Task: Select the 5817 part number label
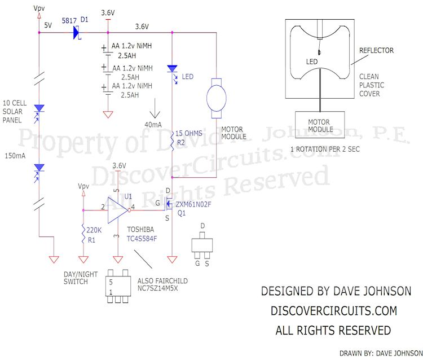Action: pyautogui.click(x=69, y=20)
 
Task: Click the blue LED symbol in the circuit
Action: pyautogui.click(x=173, y=69)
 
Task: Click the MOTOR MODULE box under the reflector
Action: pyautogui.click(x=320, y=126)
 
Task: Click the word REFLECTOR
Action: pyautogui.click(x=376, y=51)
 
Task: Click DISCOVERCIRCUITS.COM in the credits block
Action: pyautogui.click(x=334, y=310)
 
